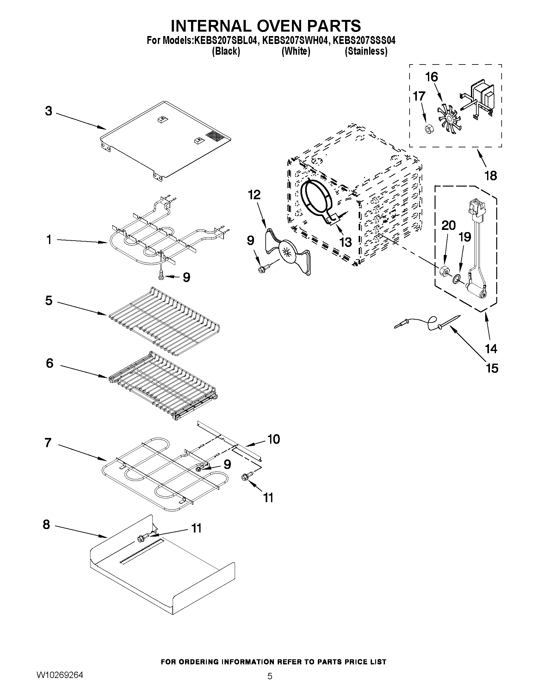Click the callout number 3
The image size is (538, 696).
click(48, 111)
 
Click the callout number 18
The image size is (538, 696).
click(491, 176)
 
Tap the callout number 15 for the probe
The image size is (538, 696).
click(492, 368)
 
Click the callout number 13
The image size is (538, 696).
click(345, 242)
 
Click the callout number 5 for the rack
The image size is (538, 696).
click(49, 300)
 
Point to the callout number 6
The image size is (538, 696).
click(50, 363)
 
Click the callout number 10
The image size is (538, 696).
click(274, 439)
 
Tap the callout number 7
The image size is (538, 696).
click(48, 443)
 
